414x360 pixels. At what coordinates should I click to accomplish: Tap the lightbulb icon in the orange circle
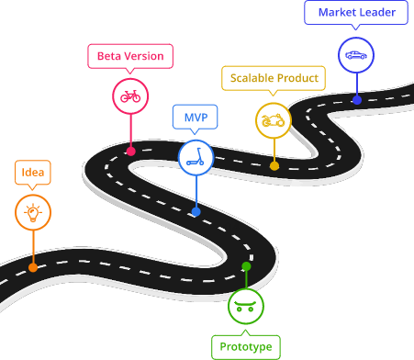(33, 213)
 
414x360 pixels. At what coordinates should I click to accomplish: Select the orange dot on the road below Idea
(33, 267)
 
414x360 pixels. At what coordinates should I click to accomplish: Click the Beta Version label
(130, 56)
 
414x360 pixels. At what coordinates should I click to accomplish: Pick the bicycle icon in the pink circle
(130, 96)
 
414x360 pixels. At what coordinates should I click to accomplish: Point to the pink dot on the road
(130, 152)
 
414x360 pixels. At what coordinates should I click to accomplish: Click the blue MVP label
(196, 117)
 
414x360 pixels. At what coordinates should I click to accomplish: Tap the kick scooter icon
(196, 157)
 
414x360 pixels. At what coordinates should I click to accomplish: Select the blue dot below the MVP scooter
(196, 212)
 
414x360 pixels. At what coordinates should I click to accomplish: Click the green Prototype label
(245, 347)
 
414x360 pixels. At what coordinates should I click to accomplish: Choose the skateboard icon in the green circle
(245, 306)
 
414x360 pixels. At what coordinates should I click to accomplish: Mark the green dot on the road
(246, 266)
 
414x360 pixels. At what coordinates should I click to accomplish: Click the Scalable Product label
(274, 78)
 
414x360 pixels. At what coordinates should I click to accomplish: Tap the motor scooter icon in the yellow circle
(274, 119)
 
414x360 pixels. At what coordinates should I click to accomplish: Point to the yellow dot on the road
(274, 166)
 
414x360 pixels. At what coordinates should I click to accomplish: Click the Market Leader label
(356, 12)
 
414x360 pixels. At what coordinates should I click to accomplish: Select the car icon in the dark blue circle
(356, 55)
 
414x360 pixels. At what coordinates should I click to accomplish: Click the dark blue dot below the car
(357, 99)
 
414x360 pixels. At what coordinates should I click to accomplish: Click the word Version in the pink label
(143, 56)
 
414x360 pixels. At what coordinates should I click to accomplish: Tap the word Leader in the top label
(378, 12)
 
